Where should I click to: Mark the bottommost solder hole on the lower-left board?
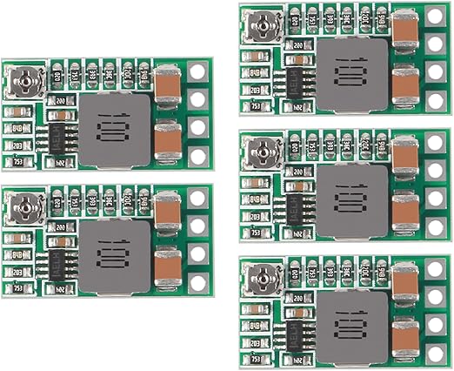tap(199, 284)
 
